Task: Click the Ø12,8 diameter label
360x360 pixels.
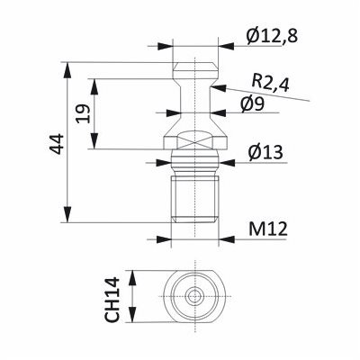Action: click(272, 36)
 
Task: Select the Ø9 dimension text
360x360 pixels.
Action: click(252, 104)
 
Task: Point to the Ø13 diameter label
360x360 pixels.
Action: click(265, 152)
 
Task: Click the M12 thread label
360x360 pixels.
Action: click(268, 229)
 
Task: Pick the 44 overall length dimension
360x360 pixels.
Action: click(57, 144)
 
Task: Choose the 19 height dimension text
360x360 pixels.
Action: click(83, 113)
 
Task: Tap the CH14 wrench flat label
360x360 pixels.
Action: click(112, 300)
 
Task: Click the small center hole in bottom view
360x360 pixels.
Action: click(195, 296)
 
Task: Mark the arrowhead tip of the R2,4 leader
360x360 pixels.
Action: click(211, 86)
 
